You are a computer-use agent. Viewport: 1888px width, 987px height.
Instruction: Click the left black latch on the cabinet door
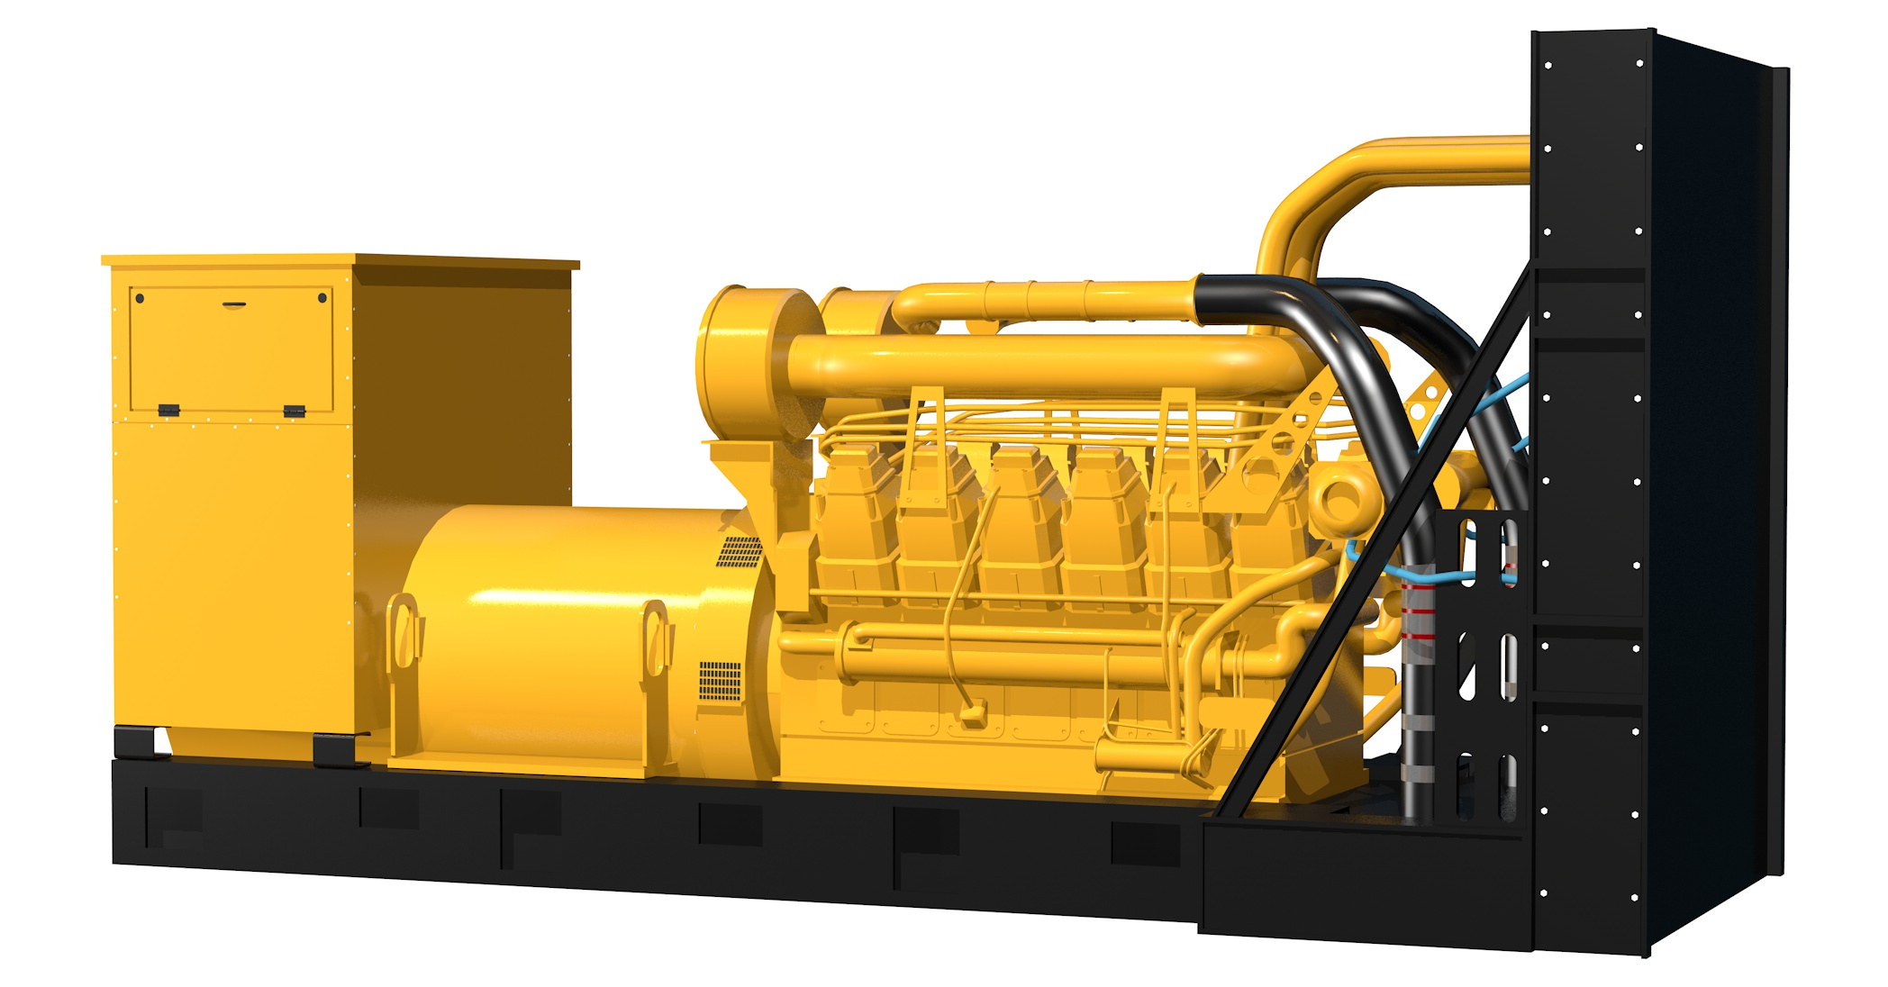click(x=168, y=410)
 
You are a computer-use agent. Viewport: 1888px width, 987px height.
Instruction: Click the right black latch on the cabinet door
click(x=295, y=411)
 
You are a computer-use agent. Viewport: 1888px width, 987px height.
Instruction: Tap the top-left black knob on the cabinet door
click(x=140, y=298)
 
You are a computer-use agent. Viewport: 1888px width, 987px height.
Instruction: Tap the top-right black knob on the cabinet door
click(x=322, y=298)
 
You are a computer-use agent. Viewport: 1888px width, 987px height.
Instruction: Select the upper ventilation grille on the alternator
click(x=740, y=551)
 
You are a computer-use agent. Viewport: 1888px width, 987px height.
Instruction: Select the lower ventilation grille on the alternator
click(x=720, y=681)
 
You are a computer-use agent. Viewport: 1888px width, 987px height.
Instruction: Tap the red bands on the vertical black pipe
click(x=1419, y=611)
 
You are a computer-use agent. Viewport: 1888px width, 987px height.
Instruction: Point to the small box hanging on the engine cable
click(x=972, y=716)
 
